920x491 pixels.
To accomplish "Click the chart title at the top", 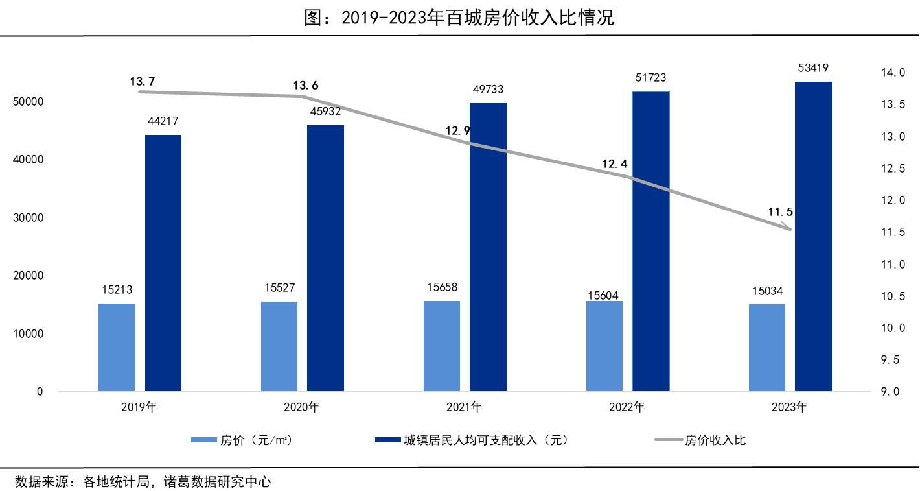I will tap(459, 18).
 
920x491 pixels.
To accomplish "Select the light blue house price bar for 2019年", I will tap(117, 347).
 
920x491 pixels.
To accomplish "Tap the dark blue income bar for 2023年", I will tap(813, 237).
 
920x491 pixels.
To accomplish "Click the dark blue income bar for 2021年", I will tap(488, 247).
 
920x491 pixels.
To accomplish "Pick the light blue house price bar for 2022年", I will tap(604, 346).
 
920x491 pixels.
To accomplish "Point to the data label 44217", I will tap(162, 121).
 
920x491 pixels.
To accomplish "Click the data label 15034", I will tap(767, 291).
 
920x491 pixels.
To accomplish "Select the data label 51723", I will tap(650, 78).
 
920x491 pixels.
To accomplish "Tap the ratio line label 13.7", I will tap(143, 81).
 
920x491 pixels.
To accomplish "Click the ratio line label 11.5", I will tap(780, 212).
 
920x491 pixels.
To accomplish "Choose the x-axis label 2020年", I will tap(302, 408).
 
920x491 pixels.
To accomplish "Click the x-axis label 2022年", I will tap(627, 408).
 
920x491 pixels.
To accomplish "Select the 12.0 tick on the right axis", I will tap(892, 200).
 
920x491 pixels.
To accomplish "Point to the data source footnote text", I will tap(143, 482).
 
